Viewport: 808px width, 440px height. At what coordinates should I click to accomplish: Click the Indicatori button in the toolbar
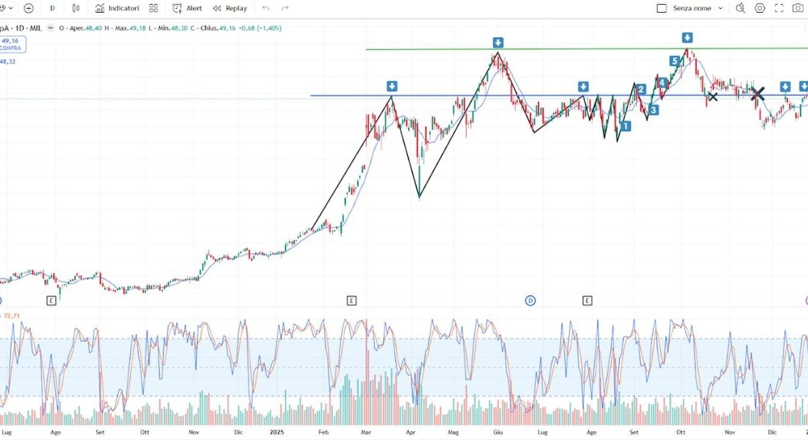click(117, 8)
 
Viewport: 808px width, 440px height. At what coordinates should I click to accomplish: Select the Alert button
click(187, 8)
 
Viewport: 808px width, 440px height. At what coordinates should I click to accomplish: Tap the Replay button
click(230, 8)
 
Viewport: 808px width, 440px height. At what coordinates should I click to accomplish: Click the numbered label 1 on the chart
click(626, 126)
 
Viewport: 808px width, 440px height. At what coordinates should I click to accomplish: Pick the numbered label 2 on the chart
click(641, 90)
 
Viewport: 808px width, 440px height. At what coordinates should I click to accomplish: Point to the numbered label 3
click(653, 110)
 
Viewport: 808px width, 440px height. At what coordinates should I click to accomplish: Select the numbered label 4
click(662, 83)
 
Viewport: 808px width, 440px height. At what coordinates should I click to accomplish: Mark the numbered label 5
click(674, 61)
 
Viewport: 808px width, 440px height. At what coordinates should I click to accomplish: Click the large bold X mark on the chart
click(758, 94)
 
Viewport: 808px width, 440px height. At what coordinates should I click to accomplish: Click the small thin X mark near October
click(712, 97)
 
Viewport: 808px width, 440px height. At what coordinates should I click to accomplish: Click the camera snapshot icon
click(799, 8)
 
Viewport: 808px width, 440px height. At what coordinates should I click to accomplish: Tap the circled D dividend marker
click(530, 301)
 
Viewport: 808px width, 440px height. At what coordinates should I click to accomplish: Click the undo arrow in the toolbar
click(266, 8)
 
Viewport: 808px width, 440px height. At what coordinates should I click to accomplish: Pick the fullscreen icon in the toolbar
click(779, 8)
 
